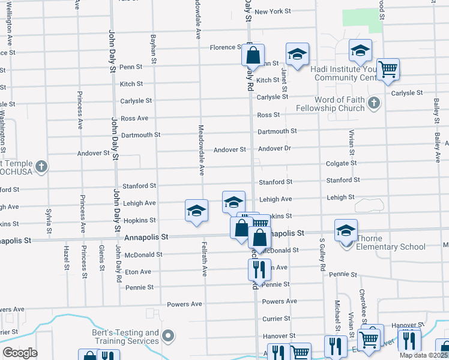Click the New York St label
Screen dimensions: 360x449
273,11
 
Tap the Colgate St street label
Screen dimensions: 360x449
341,163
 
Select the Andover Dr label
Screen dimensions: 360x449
274,149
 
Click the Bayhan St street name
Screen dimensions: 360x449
154,48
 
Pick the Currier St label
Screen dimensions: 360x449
276,319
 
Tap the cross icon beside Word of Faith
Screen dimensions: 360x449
374,103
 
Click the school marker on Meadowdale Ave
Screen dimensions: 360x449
196,211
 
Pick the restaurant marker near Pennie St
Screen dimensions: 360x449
259,269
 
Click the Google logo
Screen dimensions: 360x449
20,353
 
